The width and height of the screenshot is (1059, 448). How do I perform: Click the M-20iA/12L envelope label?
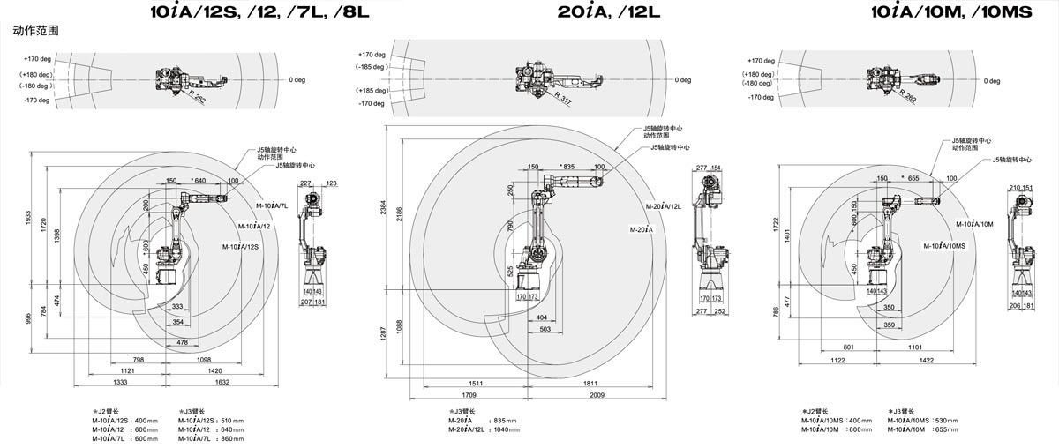pos(664,206)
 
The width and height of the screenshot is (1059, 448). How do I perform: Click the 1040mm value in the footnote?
pos(507,429)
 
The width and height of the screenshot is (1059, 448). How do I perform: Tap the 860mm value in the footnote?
pos(233,438)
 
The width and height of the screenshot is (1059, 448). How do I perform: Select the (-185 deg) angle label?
pos(372,66)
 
